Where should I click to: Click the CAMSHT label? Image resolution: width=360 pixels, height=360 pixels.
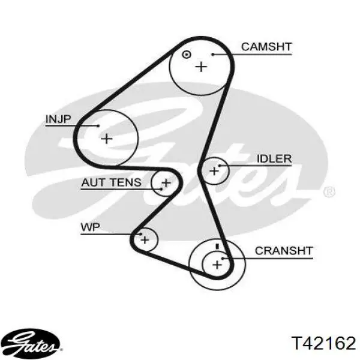[266, 47]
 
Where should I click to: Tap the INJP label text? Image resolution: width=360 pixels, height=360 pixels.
[58, 119]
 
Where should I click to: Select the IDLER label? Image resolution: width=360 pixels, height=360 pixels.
[274, 158]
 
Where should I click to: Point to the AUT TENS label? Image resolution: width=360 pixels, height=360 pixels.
[112, 182]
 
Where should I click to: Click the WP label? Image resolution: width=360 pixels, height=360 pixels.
[91, 227]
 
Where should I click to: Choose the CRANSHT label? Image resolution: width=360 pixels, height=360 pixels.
[284, 251]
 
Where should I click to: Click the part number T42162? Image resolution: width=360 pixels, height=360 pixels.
[323, 343]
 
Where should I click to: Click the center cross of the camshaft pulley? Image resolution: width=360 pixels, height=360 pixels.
[201, 67]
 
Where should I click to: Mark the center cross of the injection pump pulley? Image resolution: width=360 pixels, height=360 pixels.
[107, 139]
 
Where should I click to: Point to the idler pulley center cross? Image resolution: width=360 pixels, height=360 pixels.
[214, 171]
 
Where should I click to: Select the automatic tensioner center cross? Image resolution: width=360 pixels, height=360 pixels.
[166, 183]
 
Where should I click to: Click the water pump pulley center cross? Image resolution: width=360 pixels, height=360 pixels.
[145, 240]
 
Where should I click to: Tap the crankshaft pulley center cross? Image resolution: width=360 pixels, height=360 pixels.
[217, 265]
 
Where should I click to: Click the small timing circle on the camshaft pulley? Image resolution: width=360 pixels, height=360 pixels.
[186, 55]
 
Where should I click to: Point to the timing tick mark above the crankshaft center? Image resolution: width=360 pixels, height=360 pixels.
[217, 247]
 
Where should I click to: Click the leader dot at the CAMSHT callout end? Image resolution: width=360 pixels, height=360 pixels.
[213, 55]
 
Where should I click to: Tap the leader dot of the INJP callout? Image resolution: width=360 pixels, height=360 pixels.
[98, 125]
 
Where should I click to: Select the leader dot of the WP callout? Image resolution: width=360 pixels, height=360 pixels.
[141, 234]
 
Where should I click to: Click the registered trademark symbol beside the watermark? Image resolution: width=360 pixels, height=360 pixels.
[329, 192]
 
